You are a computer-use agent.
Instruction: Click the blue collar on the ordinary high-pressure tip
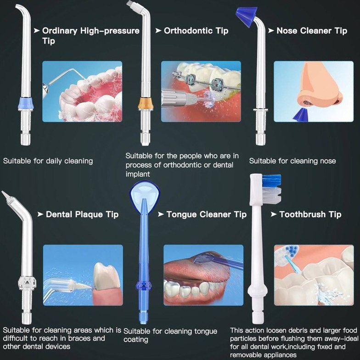(26, 103)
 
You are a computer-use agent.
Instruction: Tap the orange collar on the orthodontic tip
(146, 103)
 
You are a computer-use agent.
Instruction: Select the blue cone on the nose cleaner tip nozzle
(247, 16)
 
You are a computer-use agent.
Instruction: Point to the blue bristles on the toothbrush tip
(272, 180)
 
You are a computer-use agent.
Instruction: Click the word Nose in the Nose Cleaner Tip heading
(287, 30)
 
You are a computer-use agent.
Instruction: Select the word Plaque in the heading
(89, 214)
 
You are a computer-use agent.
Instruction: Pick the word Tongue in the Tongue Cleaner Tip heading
(181, 214)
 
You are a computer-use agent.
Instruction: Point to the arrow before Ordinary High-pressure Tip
(37, 30)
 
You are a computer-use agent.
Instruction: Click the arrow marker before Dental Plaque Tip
(40, 214)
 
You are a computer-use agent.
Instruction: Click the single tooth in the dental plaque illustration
(107, 276)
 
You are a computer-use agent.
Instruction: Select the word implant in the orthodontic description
(137, 174)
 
